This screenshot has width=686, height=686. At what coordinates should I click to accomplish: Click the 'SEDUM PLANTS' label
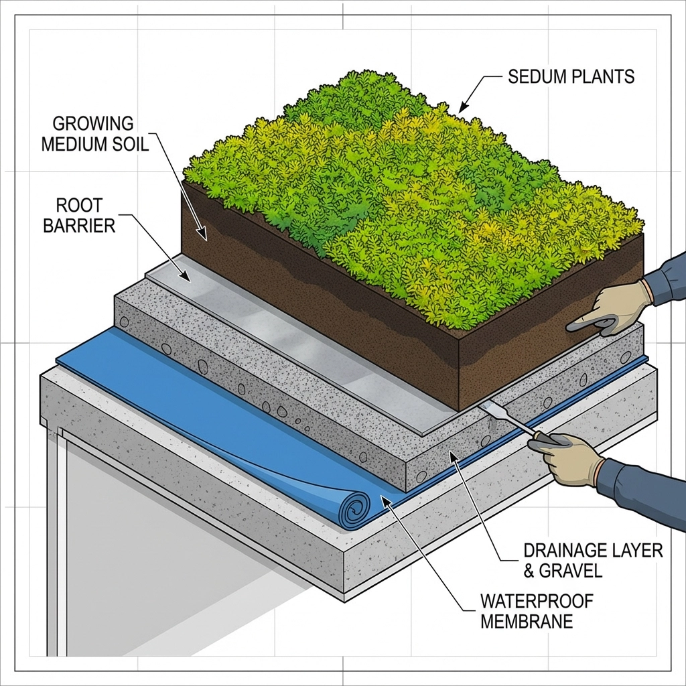tap(571, 76)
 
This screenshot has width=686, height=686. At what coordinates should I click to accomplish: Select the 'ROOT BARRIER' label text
tap(79, 214)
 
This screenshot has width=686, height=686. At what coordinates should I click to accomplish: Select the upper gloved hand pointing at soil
tap(613, 307)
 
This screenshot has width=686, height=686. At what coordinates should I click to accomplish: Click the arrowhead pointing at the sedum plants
tap(462, 108)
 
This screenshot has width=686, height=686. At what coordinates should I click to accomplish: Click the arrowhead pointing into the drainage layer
tap(452, 457)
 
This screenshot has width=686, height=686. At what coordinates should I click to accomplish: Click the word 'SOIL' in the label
tap(130, 143)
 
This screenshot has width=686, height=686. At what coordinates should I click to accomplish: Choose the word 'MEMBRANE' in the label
tap(527, 621)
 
